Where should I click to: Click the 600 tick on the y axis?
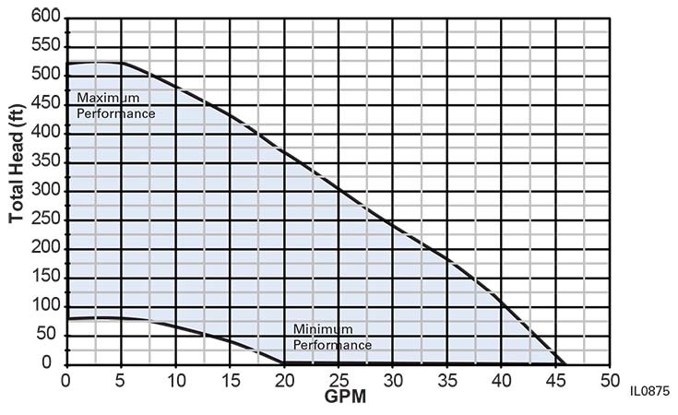tap(45, 18)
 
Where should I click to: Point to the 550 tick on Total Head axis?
tap(45, 46)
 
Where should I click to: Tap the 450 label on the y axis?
tap(45, 104)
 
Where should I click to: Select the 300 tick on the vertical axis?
tap(45, 191)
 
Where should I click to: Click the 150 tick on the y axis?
tap(45, 278)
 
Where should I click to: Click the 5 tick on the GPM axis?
tap(120, 380)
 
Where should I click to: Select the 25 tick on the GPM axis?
tap(338, 380)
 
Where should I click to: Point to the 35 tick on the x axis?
tap(446, 380)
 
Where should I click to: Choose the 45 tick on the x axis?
tap(555, 380)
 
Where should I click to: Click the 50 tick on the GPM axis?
tap(610, 380)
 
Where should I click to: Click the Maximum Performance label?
tap(115, 106)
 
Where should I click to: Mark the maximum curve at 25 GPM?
tap(338, 189)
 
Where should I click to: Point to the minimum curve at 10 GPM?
tap(174, 327)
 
